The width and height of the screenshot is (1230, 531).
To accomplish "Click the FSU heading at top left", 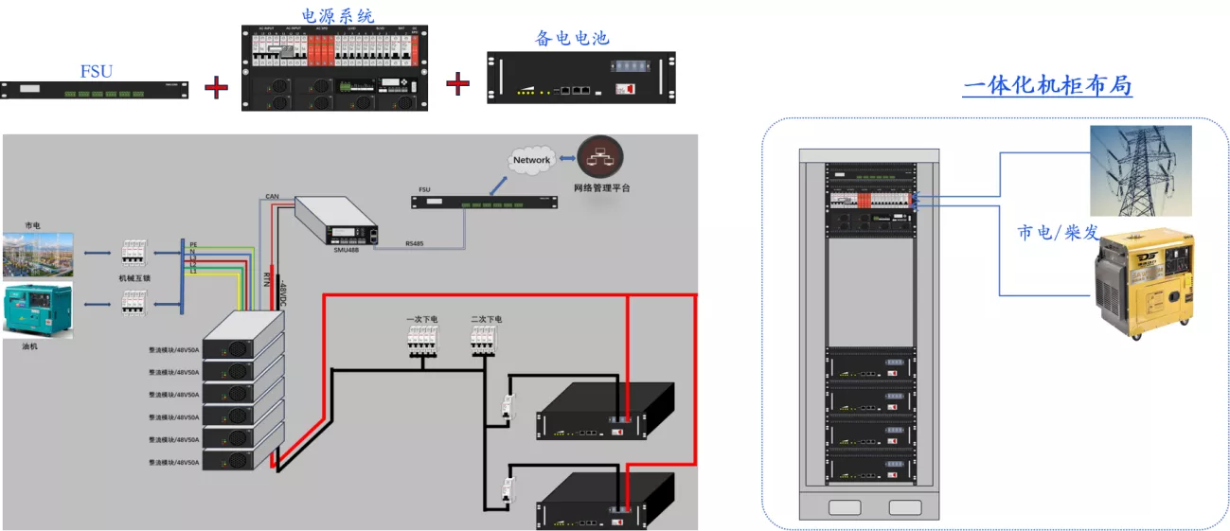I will pyautogui.click(x=97, y=71).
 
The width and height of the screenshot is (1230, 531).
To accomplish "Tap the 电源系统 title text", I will pyautogui.click(x=337, y=15).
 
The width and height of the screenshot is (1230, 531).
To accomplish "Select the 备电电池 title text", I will pyautogui.click(x=572, y=38).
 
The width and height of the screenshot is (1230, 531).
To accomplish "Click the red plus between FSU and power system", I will pyautogui.click(x=217, y=88).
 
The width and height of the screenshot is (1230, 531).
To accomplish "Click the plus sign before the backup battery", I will pyautogui.click(x=458, y=83).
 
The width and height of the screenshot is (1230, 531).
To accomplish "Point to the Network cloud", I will pyautogui.click(x=531, y=160).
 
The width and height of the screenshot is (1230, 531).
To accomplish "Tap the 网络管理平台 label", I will pyautogui.click(x=602, y=188).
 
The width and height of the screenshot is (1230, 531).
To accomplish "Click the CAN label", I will pyautogui.click(x=272, y=196).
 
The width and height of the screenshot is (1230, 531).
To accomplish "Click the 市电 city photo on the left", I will pyautogui.click(x=37, y=254).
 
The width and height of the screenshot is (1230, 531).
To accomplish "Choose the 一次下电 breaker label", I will pyautogui.click(x=422, y=320).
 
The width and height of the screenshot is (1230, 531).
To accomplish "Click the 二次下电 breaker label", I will pyautogui.click(x=487, y=320).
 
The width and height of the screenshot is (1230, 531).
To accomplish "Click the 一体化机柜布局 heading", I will pyautogui.click(x=1047, y=85).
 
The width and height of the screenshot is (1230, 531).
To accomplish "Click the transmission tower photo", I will pyautogui.click(x=1139, y=170).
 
